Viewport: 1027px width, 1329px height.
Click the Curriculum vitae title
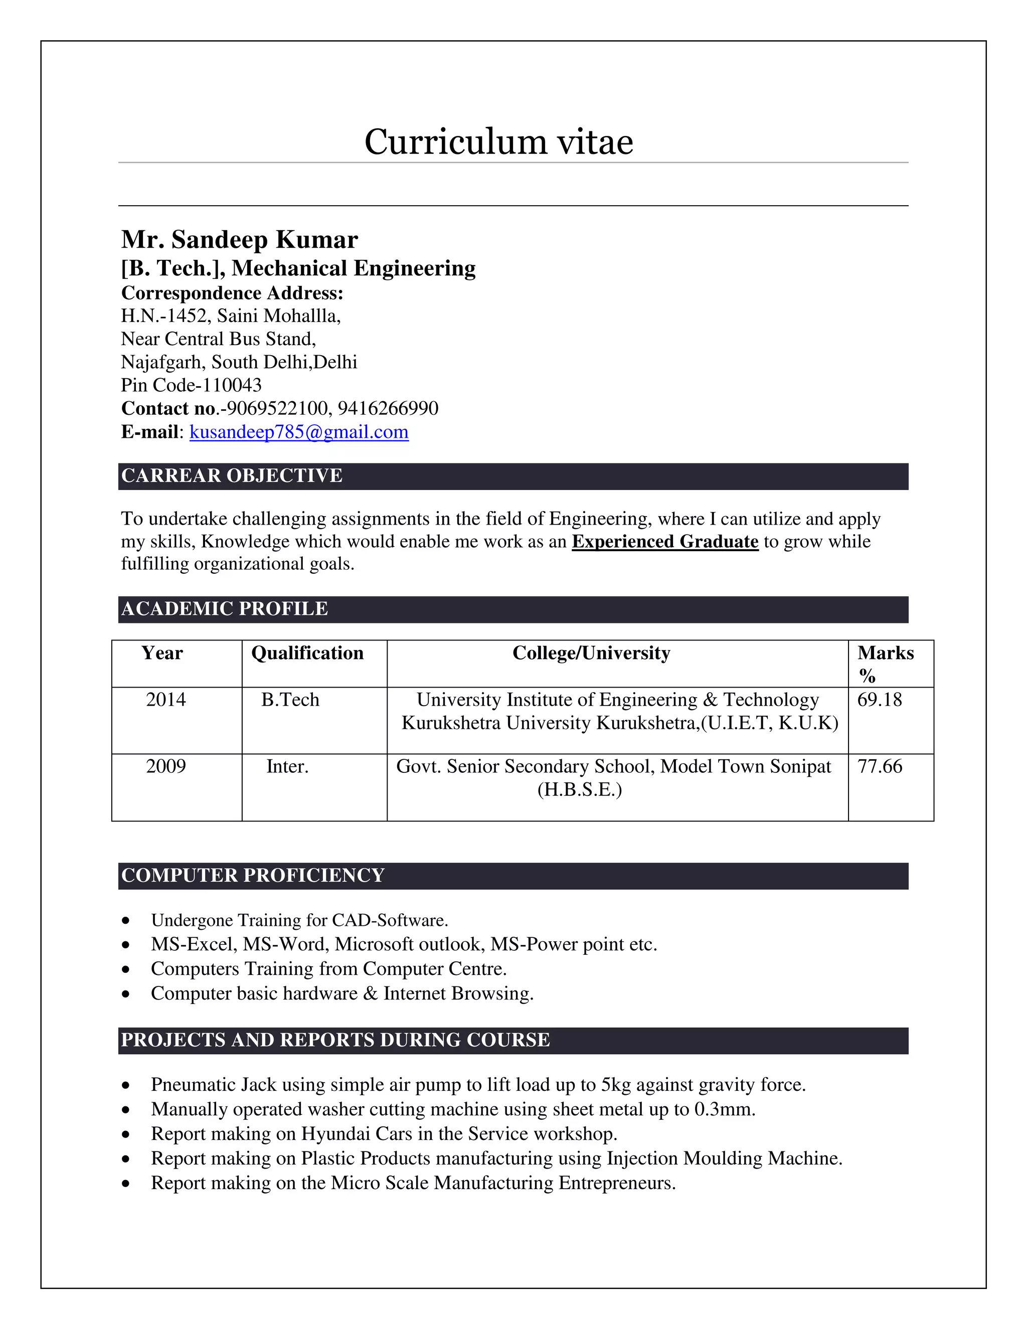pyautogui.click(x=498, y=142)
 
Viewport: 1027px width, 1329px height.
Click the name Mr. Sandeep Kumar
pyautogui.click(x=239, y=239)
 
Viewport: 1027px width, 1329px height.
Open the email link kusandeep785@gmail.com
pyautogui.click(x=299, y=432)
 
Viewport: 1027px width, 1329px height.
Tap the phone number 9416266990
pyautogui.click(x=388, y=408)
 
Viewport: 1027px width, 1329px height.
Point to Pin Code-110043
pyautogui.click(x=191, y=385)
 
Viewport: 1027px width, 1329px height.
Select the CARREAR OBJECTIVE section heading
pyautogui.click(x=232, y=476)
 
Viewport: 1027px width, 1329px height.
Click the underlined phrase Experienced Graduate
pyautogui.click(x=665, y=542)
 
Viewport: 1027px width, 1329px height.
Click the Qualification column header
pyautogui.click(x=307, y=653)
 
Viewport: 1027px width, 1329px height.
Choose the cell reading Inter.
pyautogui.click(x=287, y=767)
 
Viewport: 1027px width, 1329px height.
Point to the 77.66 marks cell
pyautogui.click(x=879, y=767)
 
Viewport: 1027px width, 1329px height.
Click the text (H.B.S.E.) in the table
pyautogui.click(x=579, y=790)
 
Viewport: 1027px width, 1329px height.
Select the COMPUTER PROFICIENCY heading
pyautogui.click(x=253, y=876)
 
